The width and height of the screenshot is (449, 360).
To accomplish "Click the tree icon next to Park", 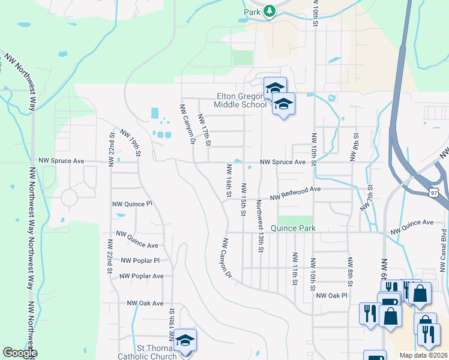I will [x=270, y=12].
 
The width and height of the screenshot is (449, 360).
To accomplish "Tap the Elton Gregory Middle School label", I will [x=241, y=100].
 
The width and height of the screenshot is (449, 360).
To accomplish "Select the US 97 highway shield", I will [x=436, y=192].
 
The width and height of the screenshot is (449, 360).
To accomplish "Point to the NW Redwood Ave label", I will [x=295, y=193].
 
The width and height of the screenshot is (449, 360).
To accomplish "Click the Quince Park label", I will [x=292, y=229].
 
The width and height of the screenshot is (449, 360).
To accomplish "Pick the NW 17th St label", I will [x=205, y=130].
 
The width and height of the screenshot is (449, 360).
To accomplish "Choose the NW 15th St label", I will [x=244, y=199].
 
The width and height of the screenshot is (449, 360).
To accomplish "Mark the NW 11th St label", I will [x=295, y=267].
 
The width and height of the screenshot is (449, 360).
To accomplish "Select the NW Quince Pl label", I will [x=132, y=204].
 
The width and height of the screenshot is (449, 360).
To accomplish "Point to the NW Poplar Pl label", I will [x=140, y=260].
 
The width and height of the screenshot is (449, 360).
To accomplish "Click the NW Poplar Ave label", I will [x=141, y=276].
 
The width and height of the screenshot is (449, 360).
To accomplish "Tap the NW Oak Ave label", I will [x=145, y=304].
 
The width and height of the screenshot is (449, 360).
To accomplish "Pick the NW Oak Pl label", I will [x=332, y=295].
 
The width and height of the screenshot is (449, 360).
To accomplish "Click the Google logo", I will [x=19, y=353].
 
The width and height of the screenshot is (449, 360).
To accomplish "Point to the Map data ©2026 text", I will [x=423, y=355].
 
